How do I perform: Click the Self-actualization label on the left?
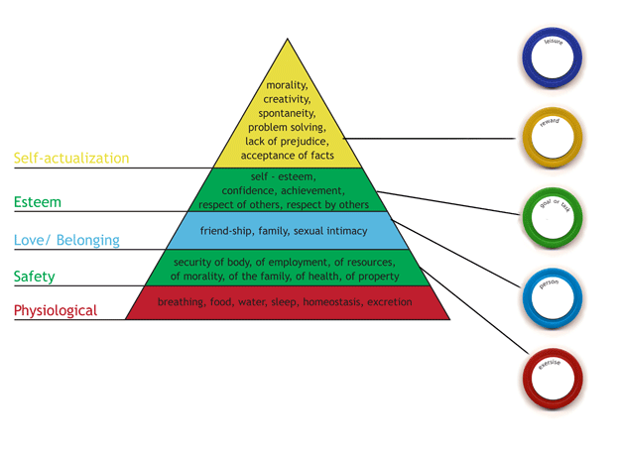70,158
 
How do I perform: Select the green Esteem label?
36,202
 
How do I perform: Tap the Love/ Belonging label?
66,240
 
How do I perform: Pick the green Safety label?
34,276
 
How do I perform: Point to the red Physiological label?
56,311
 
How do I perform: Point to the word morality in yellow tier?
286,85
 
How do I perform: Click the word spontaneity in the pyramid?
288,113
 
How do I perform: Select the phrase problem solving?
288,127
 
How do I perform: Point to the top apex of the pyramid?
288,40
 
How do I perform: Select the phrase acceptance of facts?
288,155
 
